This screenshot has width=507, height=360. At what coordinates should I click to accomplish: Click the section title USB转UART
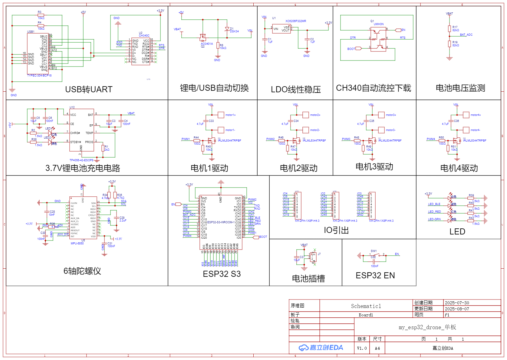point(89,89)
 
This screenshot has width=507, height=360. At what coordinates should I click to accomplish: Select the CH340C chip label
point(144,36)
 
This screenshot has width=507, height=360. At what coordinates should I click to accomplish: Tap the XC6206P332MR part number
point(295,21)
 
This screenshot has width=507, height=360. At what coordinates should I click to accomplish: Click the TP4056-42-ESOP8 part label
point(81,160)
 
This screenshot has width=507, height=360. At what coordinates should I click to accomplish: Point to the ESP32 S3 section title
point(222,274)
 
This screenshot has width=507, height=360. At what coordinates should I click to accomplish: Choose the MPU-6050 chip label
point(77,244)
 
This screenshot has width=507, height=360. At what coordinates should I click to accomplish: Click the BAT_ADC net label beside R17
point(466,35)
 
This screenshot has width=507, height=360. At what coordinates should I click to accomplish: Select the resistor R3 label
point(40,12)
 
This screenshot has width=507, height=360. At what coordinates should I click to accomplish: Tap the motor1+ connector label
point(230,115)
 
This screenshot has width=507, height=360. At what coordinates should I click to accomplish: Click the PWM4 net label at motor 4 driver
point(431,139)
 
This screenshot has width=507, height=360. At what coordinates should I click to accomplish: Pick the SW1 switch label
point(374,251)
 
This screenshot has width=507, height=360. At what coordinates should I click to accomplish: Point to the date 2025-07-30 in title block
point(457,303)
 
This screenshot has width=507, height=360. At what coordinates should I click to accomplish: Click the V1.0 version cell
point(362,348)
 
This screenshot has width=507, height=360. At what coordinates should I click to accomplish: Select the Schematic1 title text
point(366,306)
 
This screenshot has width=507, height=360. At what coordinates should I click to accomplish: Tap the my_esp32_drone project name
point(427,327)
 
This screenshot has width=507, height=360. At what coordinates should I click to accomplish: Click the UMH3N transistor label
point(378,24)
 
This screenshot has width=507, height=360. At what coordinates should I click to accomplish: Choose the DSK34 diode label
point(234,31)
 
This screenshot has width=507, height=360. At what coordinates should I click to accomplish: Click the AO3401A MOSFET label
point(207,44)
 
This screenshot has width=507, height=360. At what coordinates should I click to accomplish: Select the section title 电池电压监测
point(460,88)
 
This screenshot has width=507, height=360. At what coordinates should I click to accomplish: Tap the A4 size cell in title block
point(377,348)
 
